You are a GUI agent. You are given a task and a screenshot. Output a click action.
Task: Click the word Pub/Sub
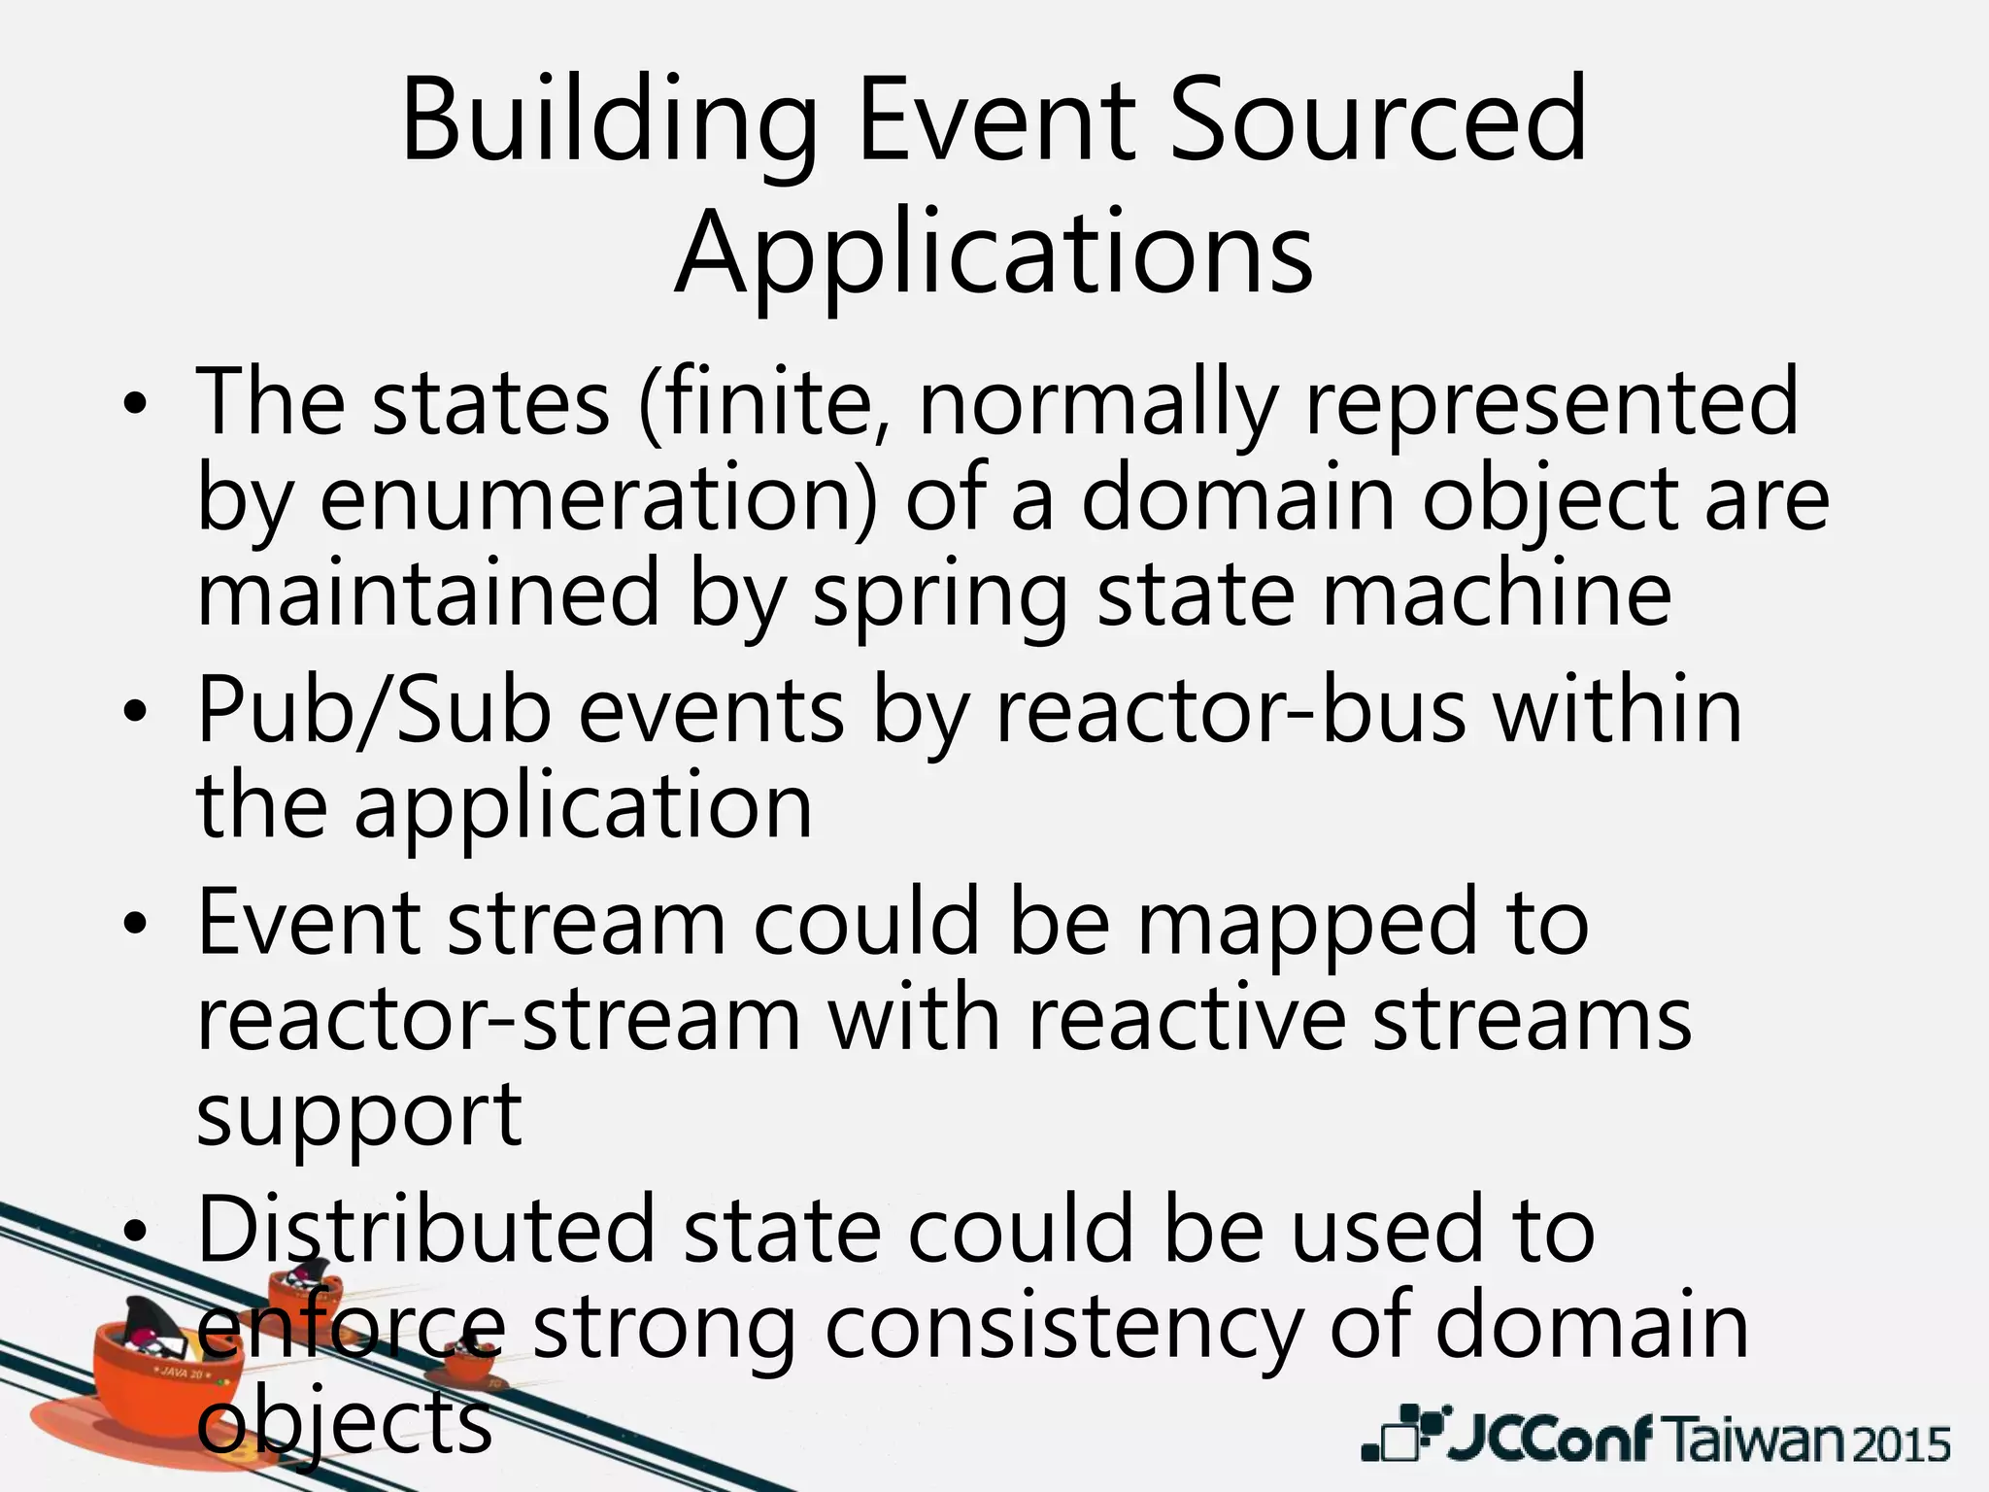374,712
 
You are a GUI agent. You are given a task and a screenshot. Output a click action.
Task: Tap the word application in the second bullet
583,807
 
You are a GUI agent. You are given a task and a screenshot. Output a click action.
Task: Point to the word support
359,1114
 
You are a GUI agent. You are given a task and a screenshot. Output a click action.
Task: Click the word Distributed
426,1230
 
